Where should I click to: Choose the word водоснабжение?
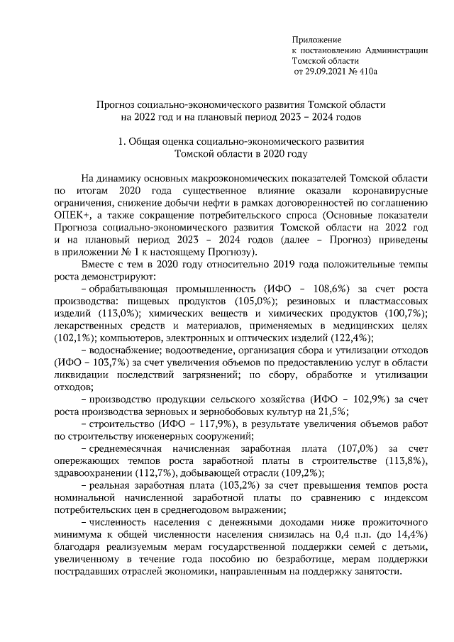(x=125, y=350)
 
